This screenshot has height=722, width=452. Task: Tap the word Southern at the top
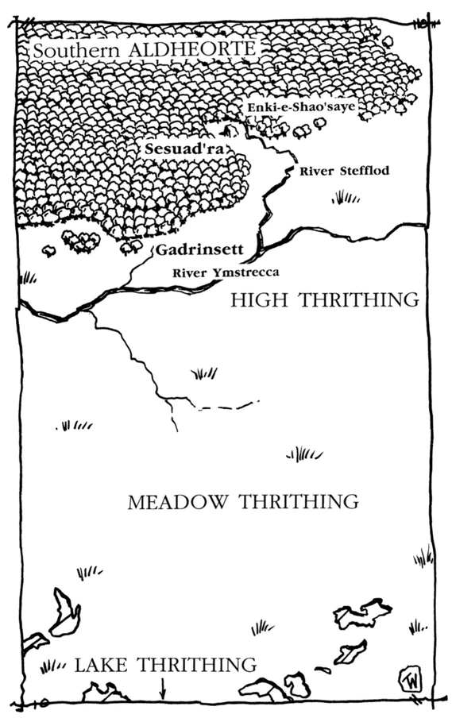[x=75, y=50]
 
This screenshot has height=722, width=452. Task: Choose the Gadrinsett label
[x=199, y=250]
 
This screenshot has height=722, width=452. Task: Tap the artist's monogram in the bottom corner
[x=411, y=680]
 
